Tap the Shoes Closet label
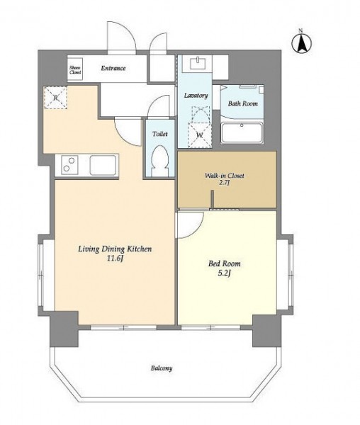(x=75, y=70)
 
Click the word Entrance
(x=113, y=68)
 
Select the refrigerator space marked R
(x=55, y=98)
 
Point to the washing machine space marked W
(x=200, y=135)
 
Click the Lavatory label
(x=196, y=96)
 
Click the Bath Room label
(x=242, y=103)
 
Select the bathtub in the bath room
(x=242, y=133)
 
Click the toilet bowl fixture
(x=159, y=161)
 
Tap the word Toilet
(x=160, y=134)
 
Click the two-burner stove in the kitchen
(x=69, y=165)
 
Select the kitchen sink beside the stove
(x=103, y=165)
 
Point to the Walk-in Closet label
(x=224, y=176)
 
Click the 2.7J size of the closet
(x=225, y=183)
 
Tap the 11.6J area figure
(x=115, y=259)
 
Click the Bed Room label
(x=224, y=263)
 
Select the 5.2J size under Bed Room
(x=225, y=273)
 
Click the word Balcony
(x=162, y=368)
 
